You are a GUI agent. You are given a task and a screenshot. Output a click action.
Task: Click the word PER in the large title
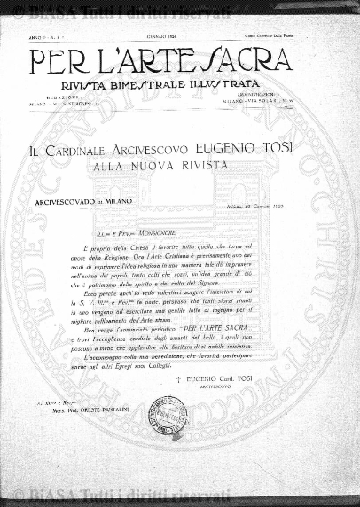pos(64,62)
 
